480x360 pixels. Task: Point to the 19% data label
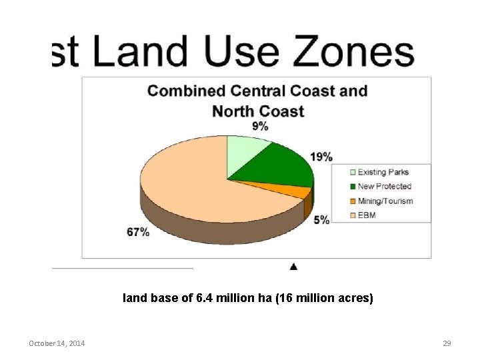point(321,157)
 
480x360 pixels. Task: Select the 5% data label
point(321,219)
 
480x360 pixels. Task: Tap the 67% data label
point(138,231)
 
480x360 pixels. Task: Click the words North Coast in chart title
point(258,111)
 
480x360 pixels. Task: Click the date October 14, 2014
point(57,343)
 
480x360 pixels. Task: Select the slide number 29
point(447,343)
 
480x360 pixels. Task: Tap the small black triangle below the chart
point(294,267)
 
